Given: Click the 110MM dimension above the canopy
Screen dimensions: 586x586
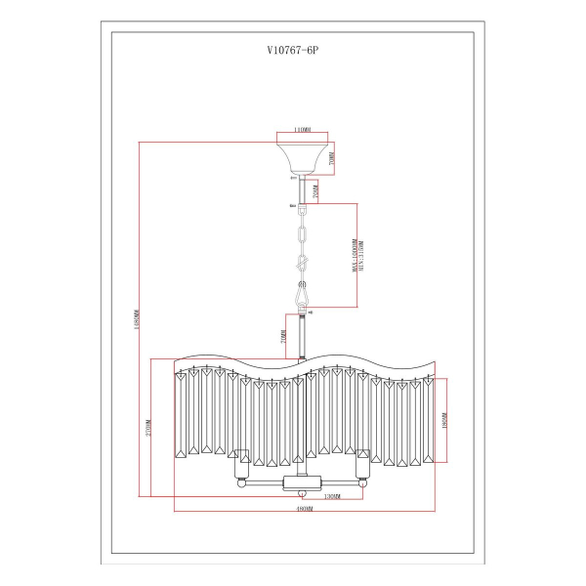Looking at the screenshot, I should pos(302,129).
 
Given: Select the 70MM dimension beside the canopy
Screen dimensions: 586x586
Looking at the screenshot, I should pos(332,158).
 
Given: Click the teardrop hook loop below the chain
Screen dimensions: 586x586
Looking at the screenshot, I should pos(302,293).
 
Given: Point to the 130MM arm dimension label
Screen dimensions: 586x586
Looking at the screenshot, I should pos(333,497).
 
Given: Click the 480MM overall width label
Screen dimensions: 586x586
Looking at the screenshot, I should pos(302,512).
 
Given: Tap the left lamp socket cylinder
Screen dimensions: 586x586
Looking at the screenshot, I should pos(241,462).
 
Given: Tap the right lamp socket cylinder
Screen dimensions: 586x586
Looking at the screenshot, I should pos(363,462).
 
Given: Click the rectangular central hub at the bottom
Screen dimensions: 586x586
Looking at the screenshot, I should pos(302,482).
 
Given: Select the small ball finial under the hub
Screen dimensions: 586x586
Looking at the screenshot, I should pos(302,493).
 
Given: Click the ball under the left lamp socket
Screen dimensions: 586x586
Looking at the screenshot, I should pos(241,481).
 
